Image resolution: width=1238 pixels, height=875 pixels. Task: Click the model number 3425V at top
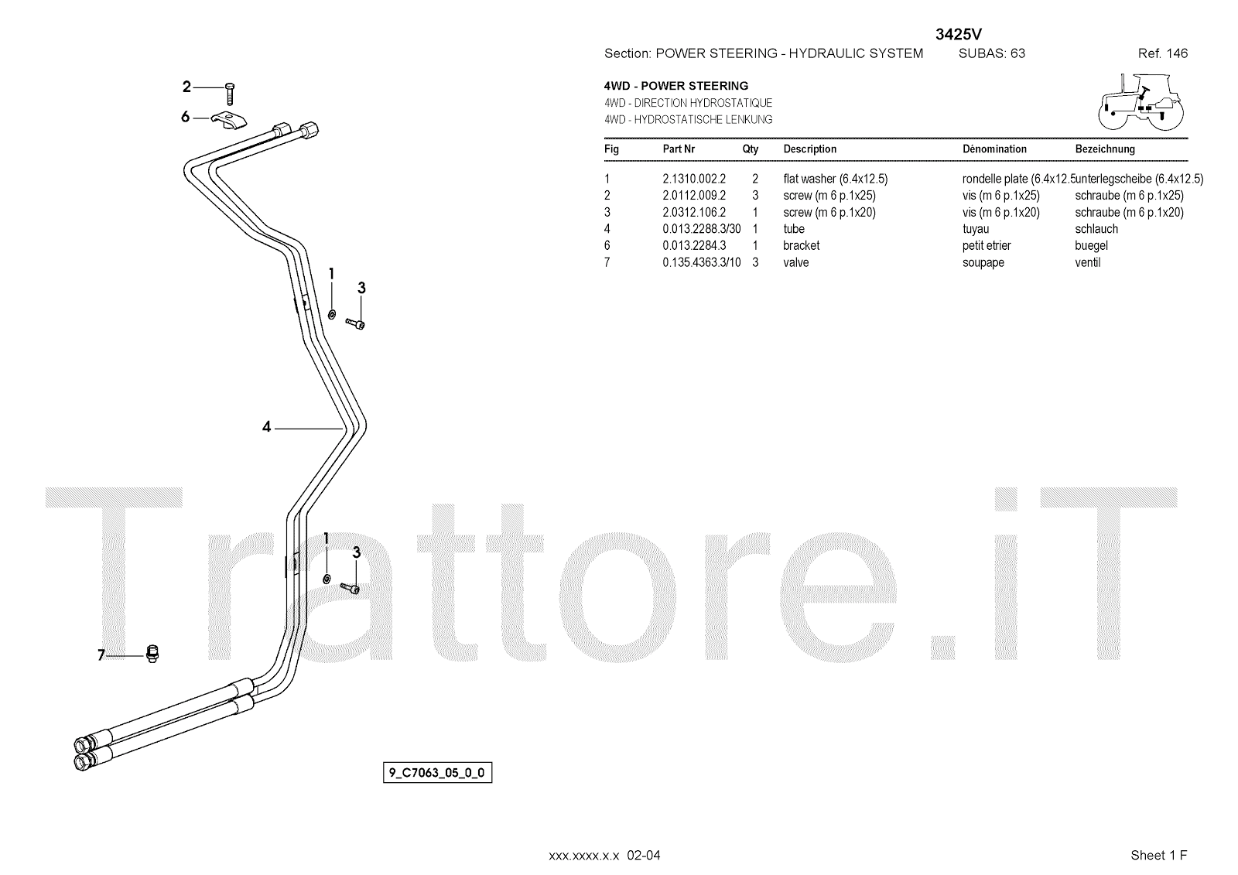point(959,33)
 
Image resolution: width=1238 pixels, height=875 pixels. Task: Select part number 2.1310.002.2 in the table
point(693,179)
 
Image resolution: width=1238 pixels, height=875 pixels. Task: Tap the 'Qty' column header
point(750,149)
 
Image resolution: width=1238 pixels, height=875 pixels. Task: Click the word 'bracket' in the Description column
point(801,245)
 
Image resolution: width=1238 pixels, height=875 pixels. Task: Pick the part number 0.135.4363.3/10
point(701,262)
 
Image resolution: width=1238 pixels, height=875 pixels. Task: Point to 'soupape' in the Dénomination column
point(983,262)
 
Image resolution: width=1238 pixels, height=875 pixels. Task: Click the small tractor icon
point(1141,101)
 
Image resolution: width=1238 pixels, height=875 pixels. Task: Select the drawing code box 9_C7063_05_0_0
point(437,772)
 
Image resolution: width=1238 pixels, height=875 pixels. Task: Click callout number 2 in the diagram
point(186,87)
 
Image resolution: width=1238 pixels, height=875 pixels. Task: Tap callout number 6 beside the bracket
point(185,117)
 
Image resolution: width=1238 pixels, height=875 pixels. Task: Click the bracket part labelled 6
point(229,121)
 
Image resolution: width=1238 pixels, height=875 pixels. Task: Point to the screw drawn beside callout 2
point(231,93)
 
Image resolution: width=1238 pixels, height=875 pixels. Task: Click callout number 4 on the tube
point(266,426)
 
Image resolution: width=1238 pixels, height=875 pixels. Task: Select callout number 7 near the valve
point(101,655)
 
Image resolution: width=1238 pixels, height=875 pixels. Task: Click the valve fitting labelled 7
point(152,654)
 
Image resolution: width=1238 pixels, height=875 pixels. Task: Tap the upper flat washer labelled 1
point(332,314)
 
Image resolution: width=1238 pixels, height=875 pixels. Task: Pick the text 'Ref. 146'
point(1162,53)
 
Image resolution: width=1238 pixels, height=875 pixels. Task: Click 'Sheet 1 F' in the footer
point(1158,855)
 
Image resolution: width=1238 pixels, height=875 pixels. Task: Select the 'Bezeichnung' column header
point(1104,149)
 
